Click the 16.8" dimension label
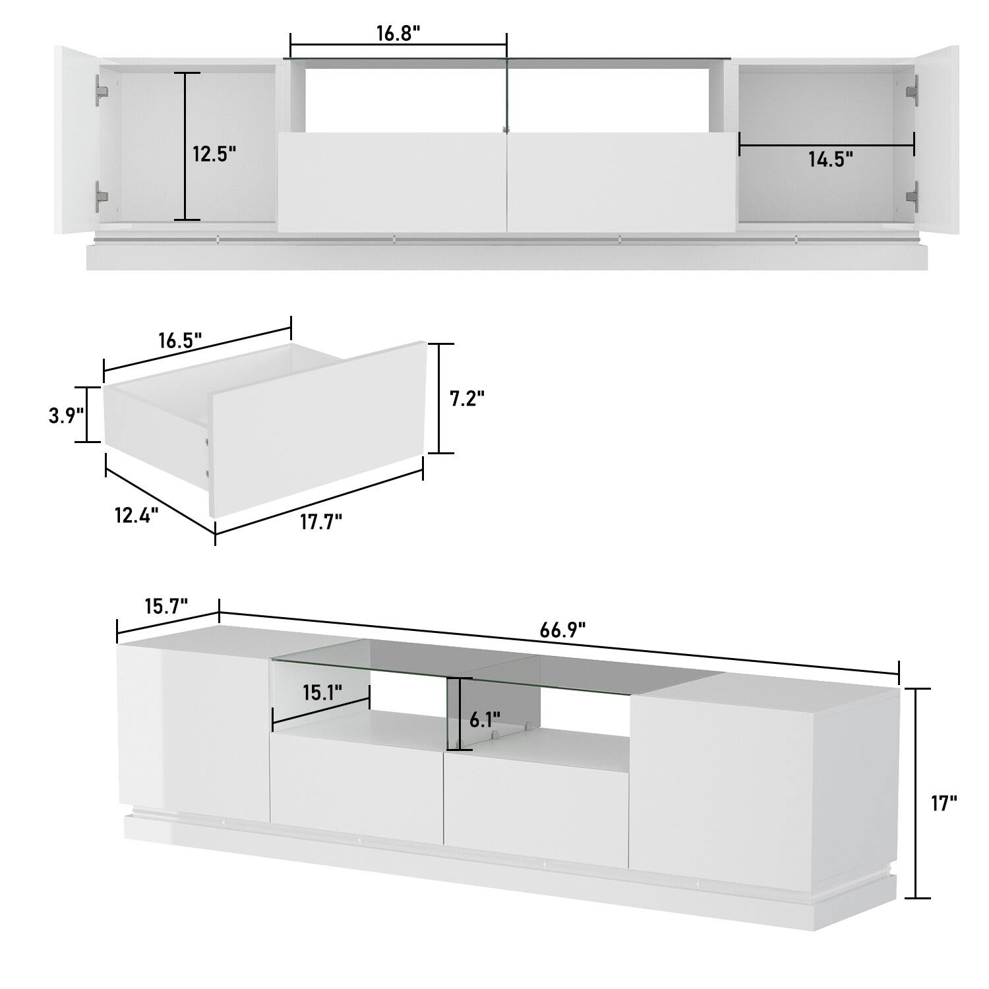coord(398,34)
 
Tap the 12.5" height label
coord(214,154)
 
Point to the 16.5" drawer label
coord(179,341)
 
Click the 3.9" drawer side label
coord(66,416)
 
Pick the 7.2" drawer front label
coord(467,399)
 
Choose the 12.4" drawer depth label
coord(136,514)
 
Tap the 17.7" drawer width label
coord(321,522)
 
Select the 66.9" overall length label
coord(563,630)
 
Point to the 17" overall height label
coord(945,803)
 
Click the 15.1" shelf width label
coord(322,693)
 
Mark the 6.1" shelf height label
coord(485,719)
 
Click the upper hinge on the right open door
coord(913,90)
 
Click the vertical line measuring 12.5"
coord(187,146)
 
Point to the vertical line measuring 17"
coord(914,793)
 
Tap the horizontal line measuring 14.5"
coord(826,146)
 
